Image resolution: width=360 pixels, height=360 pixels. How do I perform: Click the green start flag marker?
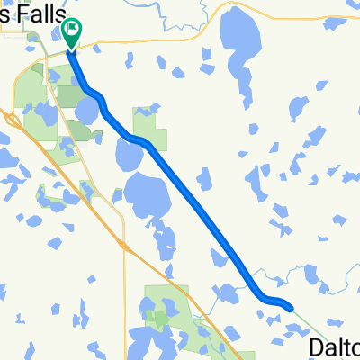click(71, 33)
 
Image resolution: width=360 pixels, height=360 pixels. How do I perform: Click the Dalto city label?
click(334, 346)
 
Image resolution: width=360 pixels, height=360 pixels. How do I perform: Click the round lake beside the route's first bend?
click(87, 111)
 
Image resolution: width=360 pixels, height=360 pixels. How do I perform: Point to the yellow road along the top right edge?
click(297, 17)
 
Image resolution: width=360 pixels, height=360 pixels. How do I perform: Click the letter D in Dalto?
click(316, 347)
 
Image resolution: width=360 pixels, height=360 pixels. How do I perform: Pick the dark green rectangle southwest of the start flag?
click(67, 94)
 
